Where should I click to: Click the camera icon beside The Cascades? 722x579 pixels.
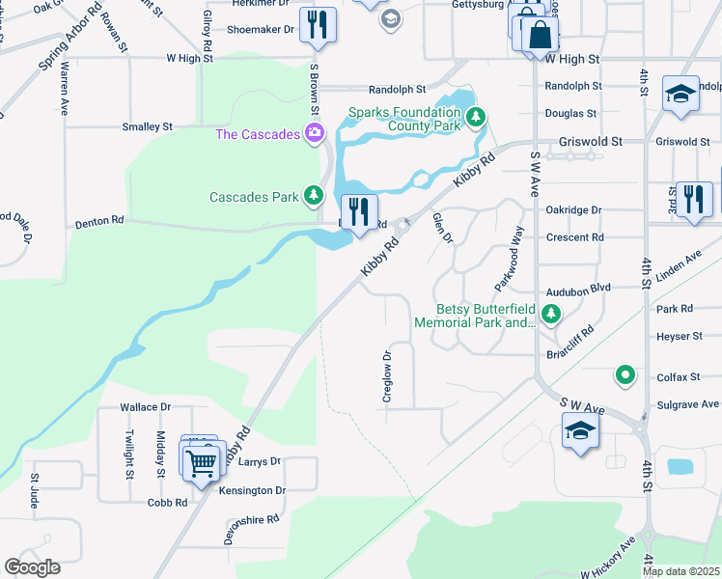click(x=314, y=133)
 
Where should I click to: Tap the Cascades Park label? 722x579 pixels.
click(x=255, y=197)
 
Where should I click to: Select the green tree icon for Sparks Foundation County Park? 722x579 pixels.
click(x=475, y=118)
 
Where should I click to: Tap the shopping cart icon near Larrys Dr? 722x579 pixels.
click(x=202, y=461)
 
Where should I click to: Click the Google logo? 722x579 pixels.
click(x=32, y=567)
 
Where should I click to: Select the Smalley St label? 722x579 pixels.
click(x=147, y=126)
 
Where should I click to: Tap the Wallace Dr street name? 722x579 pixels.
click(x=145, y=408)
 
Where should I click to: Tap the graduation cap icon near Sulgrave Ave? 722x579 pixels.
click(x=580, y=431)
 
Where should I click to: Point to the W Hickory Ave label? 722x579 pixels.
click(x=612, y=558)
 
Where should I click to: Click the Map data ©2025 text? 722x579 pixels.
click(x=680, y=571)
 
